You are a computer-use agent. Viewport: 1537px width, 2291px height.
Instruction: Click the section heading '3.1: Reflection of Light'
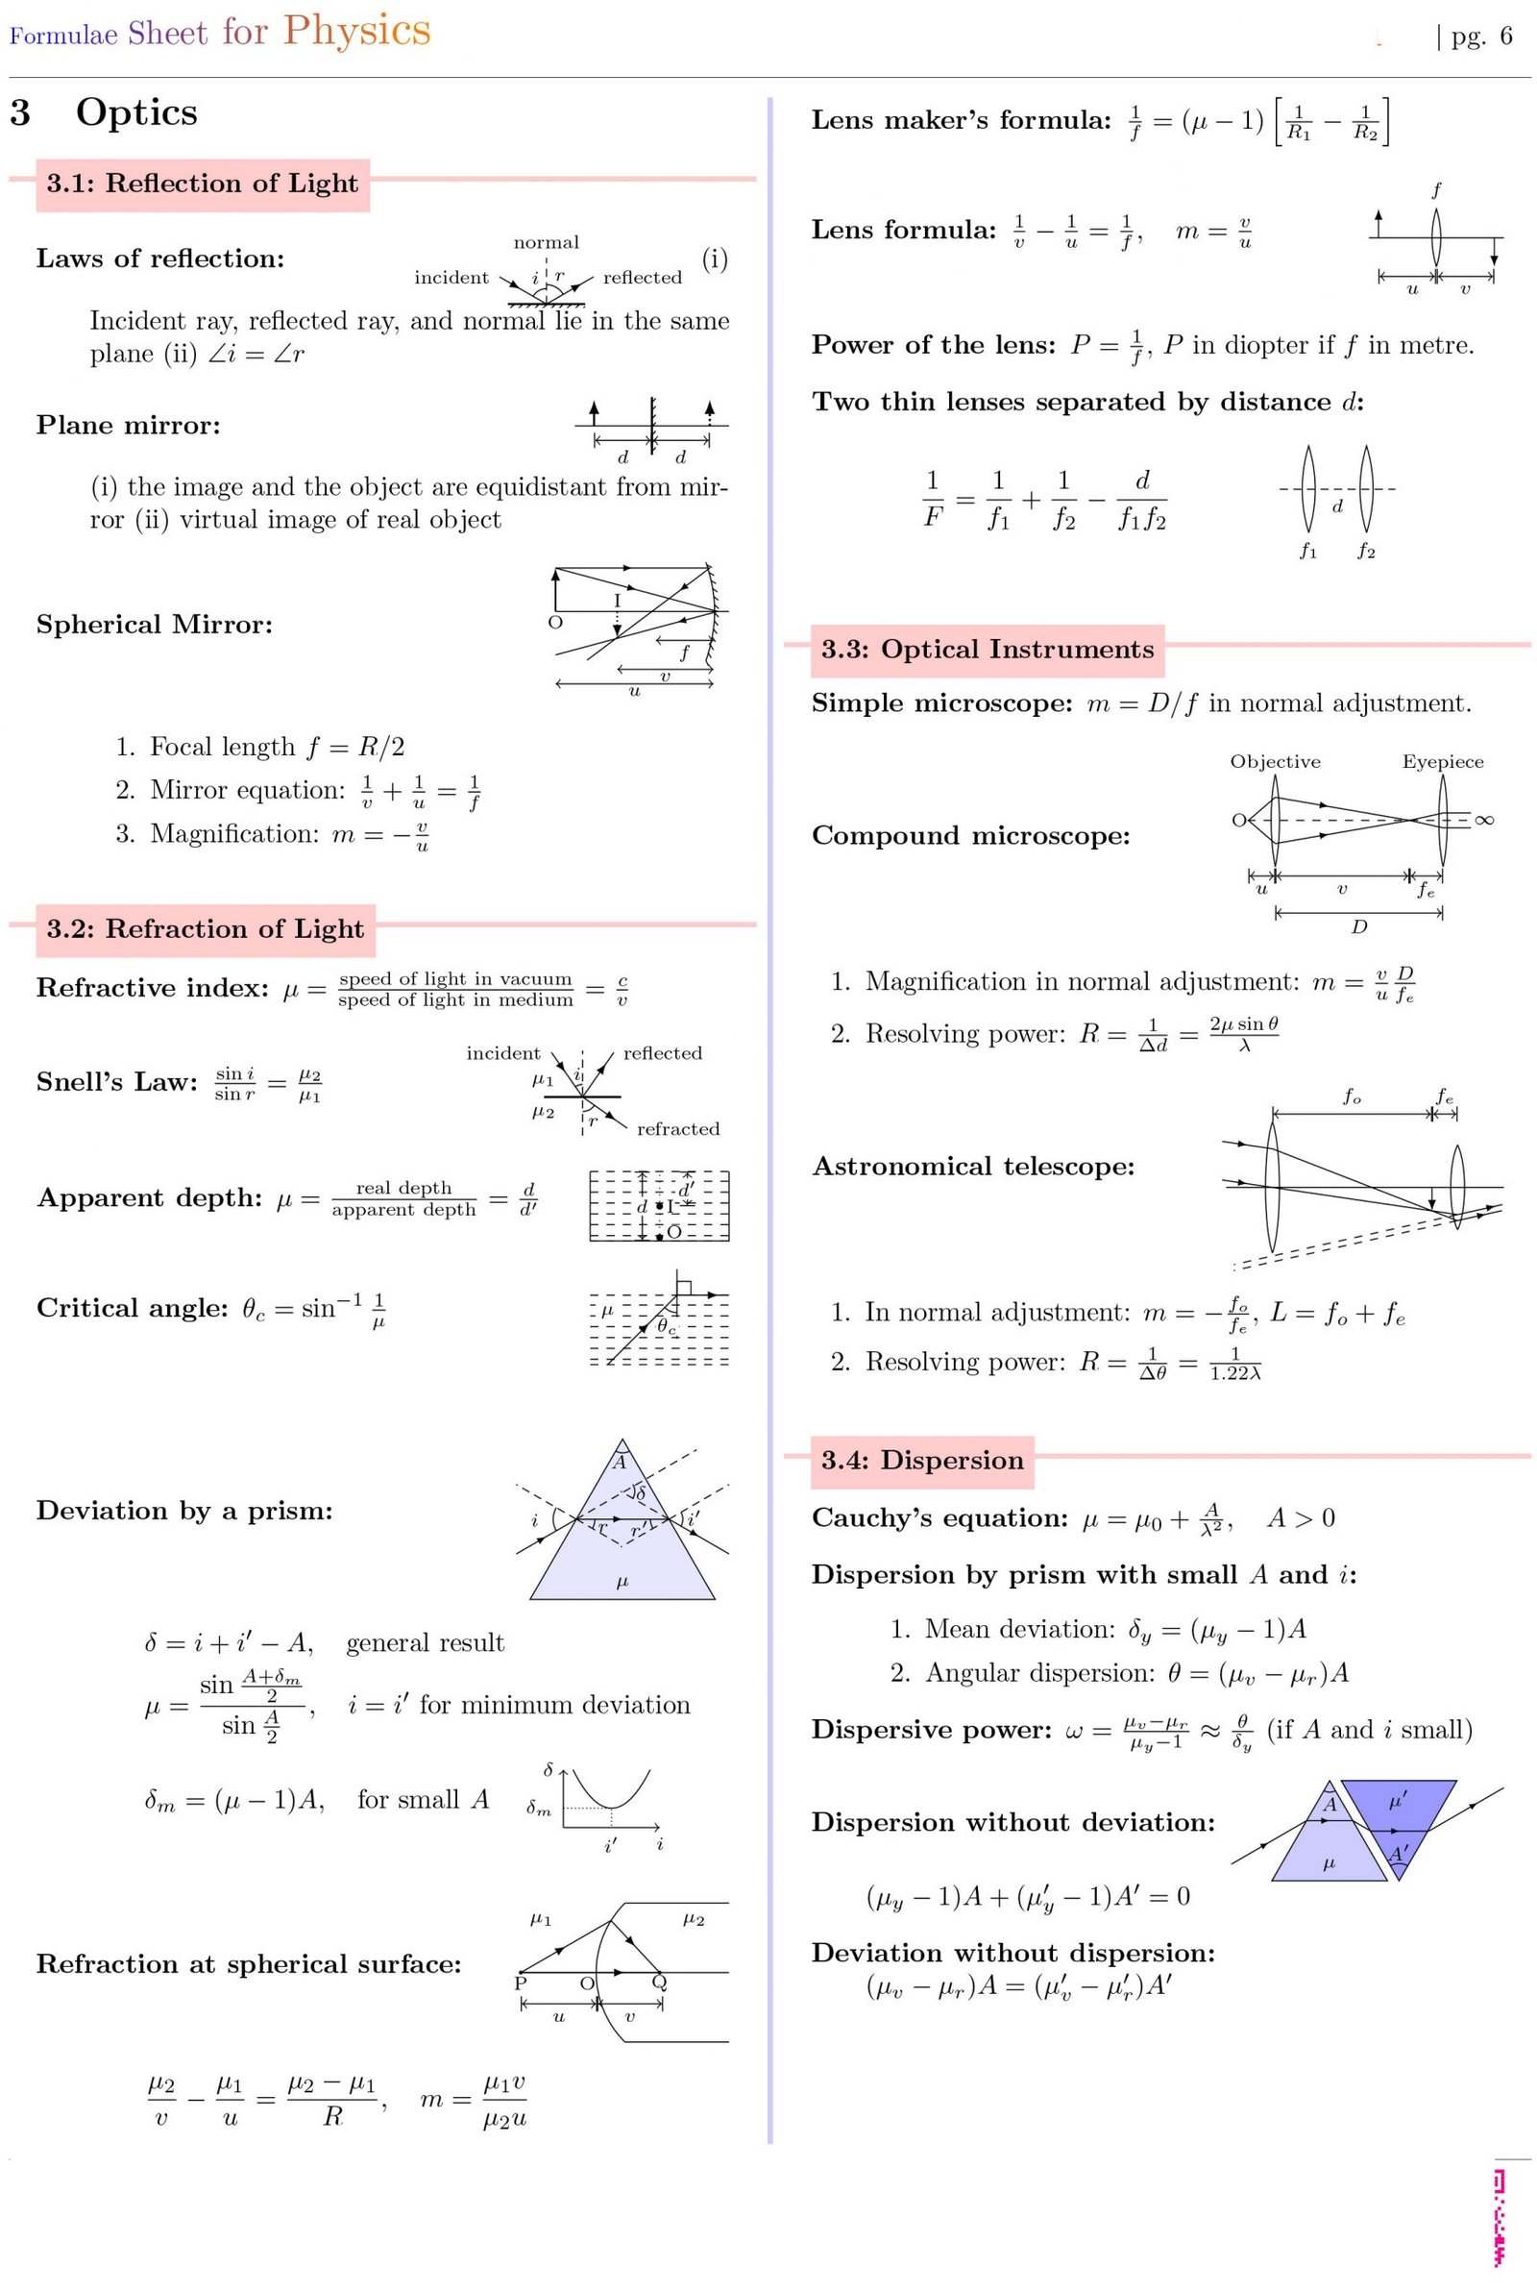(x=202, y=185)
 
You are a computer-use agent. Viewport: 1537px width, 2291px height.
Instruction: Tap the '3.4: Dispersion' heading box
(x=921, y=1461)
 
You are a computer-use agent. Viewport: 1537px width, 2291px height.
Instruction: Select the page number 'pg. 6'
(x=1481, y=37)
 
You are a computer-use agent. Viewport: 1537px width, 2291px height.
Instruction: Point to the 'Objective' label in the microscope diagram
(x=1275, y=762)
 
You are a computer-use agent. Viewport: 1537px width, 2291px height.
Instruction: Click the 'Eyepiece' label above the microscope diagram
(x=1442, y=762)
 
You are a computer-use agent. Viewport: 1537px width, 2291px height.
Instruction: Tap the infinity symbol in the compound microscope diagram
(x=1484, y=820)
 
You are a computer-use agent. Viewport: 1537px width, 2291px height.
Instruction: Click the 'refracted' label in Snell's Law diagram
(x=677, y=1128)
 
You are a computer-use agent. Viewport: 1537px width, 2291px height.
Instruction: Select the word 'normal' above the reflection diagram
(x=546, y=242)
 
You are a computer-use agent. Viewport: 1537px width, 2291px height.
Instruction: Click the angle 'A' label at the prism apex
(x=620, y=1463)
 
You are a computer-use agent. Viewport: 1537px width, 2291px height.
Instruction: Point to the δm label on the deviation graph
(x=539, y=1809)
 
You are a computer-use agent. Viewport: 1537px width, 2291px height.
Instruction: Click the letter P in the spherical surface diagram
(x=521, y=1983)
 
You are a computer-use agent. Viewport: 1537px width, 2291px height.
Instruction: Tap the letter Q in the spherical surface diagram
(x=660, y=1983)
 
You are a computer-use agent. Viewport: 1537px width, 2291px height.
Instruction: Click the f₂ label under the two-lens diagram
(x=1366, y=552)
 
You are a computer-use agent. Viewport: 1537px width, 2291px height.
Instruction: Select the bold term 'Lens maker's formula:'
(x=961, y=120)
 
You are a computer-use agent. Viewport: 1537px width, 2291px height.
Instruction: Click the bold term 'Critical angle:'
(x=133, y=1308)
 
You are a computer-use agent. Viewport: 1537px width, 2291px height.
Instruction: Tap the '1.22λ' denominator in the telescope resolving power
(x=1235, y=1373)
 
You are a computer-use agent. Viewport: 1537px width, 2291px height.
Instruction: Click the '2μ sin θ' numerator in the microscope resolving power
(x=1244, y=1024)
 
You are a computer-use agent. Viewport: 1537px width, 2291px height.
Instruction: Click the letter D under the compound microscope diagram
(x=1358, y=926)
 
